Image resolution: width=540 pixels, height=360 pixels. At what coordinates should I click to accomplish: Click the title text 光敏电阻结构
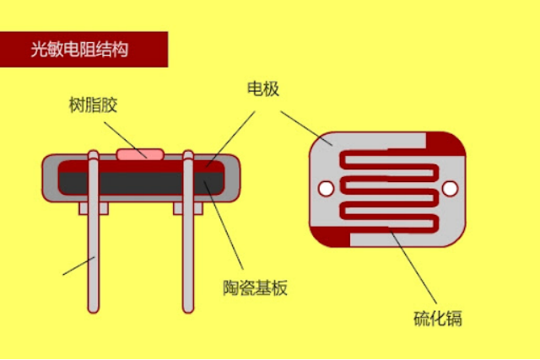click(79, 50)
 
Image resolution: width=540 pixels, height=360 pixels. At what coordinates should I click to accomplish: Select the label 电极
click(262, 89)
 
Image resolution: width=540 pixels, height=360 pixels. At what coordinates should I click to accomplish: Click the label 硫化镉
click(437, 319)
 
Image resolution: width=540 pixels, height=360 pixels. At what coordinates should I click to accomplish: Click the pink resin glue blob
click(140, 154)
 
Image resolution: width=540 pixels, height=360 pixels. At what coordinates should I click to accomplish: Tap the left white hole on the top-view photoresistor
click(322, 187)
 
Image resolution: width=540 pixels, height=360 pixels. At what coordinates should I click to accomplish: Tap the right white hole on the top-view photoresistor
click(451, 187)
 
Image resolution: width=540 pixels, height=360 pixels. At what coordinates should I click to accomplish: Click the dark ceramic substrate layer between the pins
click(140, 179)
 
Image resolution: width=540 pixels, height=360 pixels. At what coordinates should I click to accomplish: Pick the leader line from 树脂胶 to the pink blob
click(118, 134)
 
